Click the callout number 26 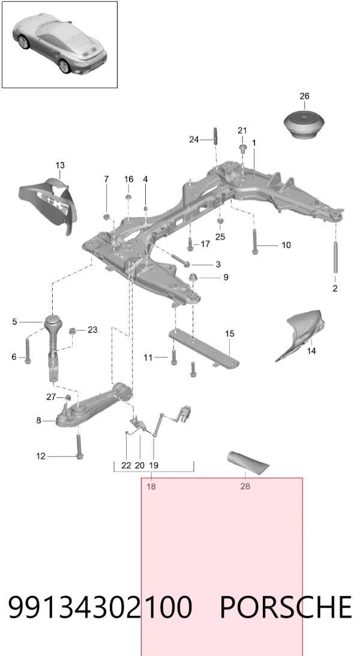[x=304, y=96]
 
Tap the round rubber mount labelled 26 [x=304, y=124]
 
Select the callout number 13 [x=60, y=165]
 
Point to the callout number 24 [x=194, y=139]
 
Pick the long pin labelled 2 [x=335, y=257]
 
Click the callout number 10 [x=286, y=245]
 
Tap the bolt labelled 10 [x=254, y=242]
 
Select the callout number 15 [x=230, y=334]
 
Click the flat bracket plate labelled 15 [x=205, y=348]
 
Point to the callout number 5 [x=14, y=322]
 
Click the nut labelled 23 [x=73, y=331]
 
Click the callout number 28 [x=245, y=486]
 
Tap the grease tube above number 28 [x=248, y=463]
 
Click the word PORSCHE [x=286, y=607]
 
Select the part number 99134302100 [x=100, y=607]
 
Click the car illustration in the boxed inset [x=60, y=43]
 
